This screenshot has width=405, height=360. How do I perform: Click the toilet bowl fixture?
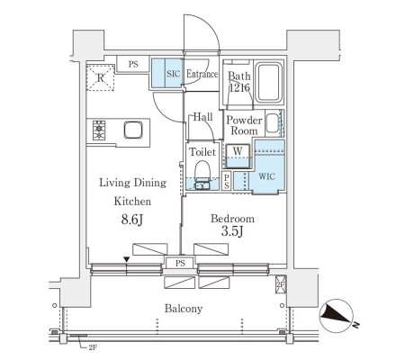(202, 175)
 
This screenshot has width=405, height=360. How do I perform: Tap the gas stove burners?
(99, 130)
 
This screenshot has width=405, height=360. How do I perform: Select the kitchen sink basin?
(133, 130)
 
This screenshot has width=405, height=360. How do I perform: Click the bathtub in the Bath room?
(270, 83)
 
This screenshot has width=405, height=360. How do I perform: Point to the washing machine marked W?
(238, 156)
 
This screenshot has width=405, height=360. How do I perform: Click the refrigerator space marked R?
(101, 77)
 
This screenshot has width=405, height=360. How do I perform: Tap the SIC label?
(173, 74)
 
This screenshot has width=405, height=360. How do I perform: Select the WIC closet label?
(266, 176)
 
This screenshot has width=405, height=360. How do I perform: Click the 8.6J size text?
(132, 220)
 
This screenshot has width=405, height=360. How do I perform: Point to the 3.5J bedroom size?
(232, 231)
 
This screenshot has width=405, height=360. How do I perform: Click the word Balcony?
(184, 309)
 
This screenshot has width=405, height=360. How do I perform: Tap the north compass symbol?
(337, 316)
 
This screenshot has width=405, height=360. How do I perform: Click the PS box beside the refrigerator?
(133, 64)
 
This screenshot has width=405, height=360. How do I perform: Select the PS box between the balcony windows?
(180, 263)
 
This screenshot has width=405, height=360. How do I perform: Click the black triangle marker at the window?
(127, 259)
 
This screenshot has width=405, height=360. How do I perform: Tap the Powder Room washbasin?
(273, 123)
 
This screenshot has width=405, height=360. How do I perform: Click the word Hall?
(202, 117)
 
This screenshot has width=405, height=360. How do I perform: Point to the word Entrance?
(202, 74)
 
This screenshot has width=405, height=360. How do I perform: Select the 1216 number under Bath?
(239, 88)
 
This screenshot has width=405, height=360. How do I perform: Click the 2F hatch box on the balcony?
(280, 284)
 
